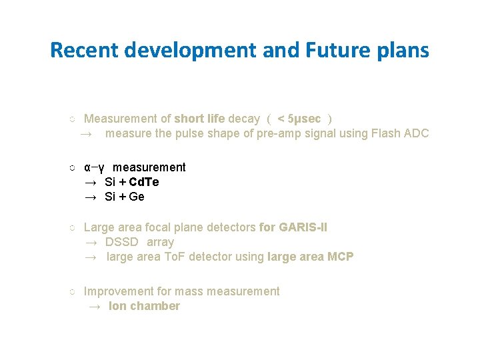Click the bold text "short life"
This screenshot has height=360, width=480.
[x=199, y=119]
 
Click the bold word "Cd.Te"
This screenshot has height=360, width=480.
[x=144, y=182]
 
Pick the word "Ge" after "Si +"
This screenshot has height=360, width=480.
[x=137, y=197]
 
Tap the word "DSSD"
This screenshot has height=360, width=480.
[x=121, y=242]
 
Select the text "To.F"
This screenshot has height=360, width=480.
[x=177, y=257]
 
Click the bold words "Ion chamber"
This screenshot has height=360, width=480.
[x=144, y=306]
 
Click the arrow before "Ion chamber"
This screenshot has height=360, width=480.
[x=95, y=306]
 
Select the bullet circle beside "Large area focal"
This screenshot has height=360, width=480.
[x=71, y=228]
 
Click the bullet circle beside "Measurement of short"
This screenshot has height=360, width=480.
[x=71, y=119]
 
